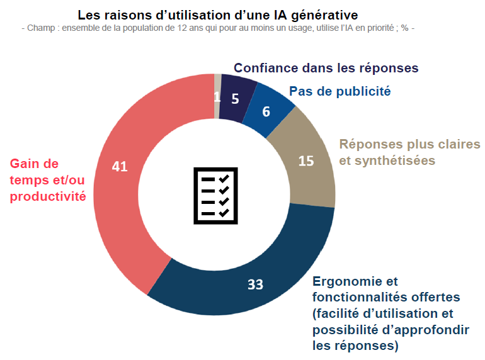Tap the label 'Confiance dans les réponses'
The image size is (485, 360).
[x=326, y=68]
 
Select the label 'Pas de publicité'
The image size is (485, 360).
[x=340, y=91]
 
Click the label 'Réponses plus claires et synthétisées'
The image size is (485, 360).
[x=409, y=152]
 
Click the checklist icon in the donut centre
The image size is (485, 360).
[x=215, y=195]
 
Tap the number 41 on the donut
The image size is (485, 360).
[x=120, y=166]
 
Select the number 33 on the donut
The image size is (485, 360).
[x=254, y=284]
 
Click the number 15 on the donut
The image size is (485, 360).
[x=306, y=161]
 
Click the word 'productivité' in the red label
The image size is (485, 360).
[x=47, y=196]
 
